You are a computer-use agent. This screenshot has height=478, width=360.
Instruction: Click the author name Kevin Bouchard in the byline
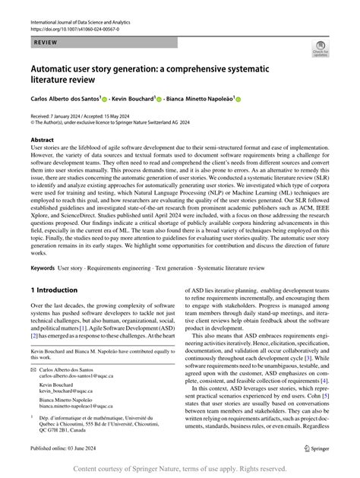pyautogui.click(x=133, y=99)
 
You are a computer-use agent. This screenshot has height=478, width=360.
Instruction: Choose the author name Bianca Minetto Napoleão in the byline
pyautogui.click(x=198, y=99)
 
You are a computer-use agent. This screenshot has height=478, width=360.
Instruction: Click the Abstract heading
pyautogui.click(x=42, y=141)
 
